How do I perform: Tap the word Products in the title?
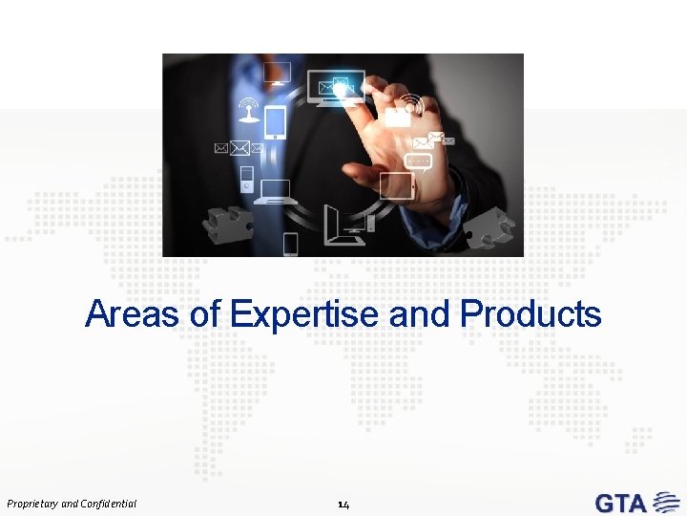(x=531, y=313)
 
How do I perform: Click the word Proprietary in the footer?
(x=31, y=503)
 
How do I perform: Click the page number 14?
(x=343, y=503)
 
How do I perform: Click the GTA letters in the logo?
(x=621, y=503)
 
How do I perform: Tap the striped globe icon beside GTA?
(x=662, y=503)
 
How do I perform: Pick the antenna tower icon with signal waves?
(x=249, y=110)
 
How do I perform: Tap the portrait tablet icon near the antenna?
(x=275, y=121)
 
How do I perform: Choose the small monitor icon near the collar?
(x=277, y=73)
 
